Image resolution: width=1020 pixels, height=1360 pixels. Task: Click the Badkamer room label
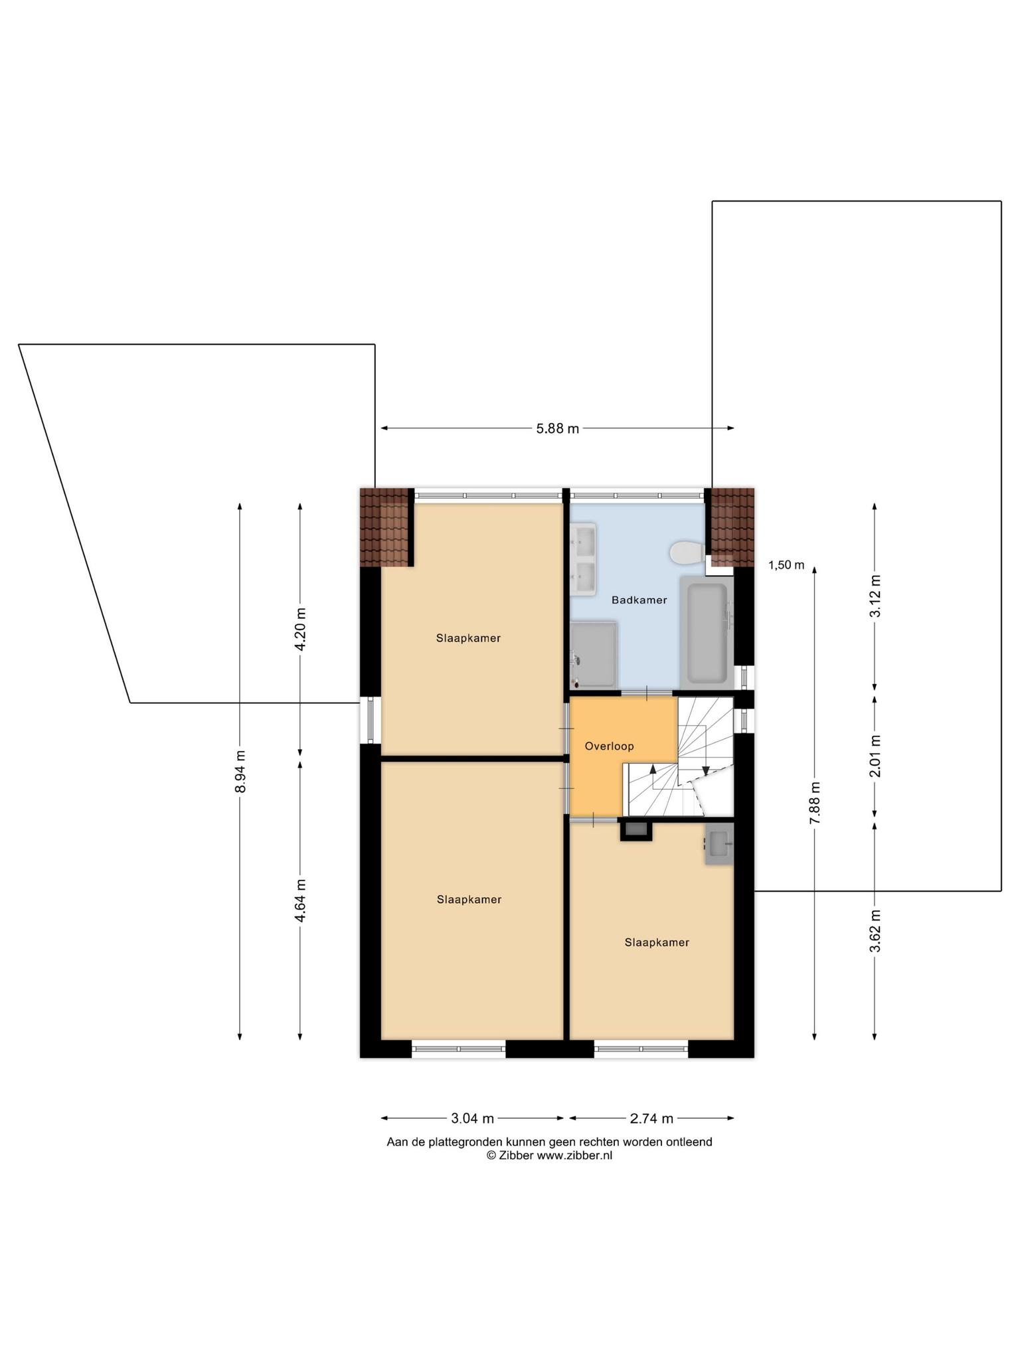click(x=639, y=600)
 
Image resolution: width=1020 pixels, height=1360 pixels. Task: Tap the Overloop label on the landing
click(x=609, y=746)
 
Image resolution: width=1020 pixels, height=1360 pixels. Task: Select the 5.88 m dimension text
click(x=558, y=429)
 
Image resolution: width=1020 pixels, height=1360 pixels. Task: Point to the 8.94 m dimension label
click(x=240, y=771)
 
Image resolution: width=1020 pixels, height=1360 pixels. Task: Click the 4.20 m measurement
click(x=300, y=628)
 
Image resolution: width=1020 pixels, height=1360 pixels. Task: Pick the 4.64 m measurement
click(x=300, y=900)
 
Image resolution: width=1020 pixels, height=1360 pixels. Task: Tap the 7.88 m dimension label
click(x=815, y=803)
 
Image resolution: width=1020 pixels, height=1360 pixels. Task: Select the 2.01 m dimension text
click(x=875, y=756)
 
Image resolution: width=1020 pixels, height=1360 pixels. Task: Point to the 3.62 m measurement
click(x=875, y=931)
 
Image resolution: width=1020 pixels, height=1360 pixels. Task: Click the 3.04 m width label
click(x=472, y=1119)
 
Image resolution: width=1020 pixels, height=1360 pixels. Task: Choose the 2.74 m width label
click(x=651, y=1119)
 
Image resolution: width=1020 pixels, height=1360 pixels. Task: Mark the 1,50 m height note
click(x=786, y=565)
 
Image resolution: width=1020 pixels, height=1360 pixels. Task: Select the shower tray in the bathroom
click(x=594, y=654)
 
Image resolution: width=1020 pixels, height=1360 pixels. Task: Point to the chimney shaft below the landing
click(x=636, y=830)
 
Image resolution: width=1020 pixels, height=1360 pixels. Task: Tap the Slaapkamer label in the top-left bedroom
click(x=468, y=638)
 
